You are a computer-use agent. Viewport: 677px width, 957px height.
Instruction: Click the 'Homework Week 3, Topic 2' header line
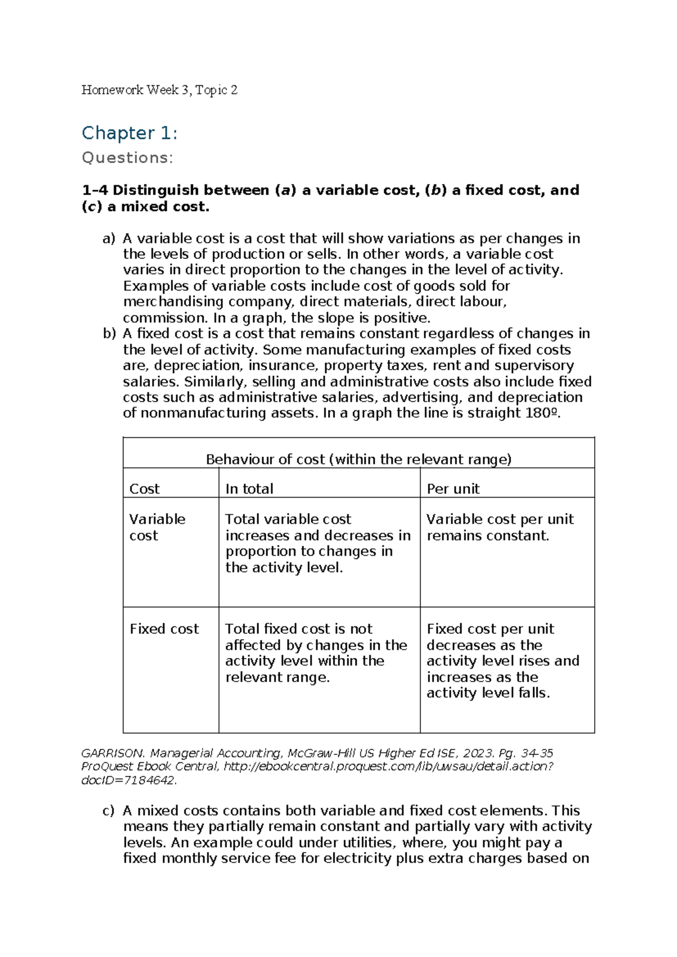(159, 90)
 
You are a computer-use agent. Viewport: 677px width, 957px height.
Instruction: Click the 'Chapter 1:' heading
(129, 133)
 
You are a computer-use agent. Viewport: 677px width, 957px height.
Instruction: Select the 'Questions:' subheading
(128, 158)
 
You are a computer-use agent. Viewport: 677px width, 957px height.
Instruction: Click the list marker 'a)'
(109, 239)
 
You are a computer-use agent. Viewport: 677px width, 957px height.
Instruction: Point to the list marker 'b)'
(109, 333)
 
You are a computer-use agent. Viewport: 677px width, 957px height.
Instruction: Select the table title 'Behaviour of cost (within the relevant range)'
(358, 459)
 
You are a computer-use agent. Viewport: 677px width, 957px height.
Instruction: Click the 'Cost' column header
(144, 489)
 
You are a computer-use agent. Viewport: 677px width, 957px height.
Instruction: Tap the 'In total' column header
(249, 489)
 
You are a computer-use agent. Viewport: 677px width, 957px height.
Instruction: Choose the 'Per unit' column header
(453, 489)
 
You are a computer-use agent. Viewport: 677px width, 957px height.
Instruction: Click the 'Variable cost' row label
(157, 527)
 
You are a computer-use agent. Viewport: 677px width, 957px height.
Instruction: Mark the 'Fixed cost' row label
(164, 629)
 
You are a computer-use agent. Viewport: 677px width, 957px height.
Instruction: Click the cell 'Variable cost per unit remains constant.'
(499, 527)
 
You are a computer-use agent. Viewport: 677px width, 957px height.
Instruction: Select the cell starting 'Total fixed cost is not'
(316, 652)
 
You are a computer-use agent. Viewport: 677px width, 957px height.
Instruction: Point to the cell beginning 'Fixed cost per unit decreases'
(502, 660)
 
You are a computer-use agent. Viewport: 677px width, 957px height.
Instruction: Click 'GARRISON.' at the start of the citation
(113, 753)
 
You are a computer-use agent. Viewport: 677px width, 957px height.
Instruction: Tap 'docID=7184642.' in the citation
(129, 781)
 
